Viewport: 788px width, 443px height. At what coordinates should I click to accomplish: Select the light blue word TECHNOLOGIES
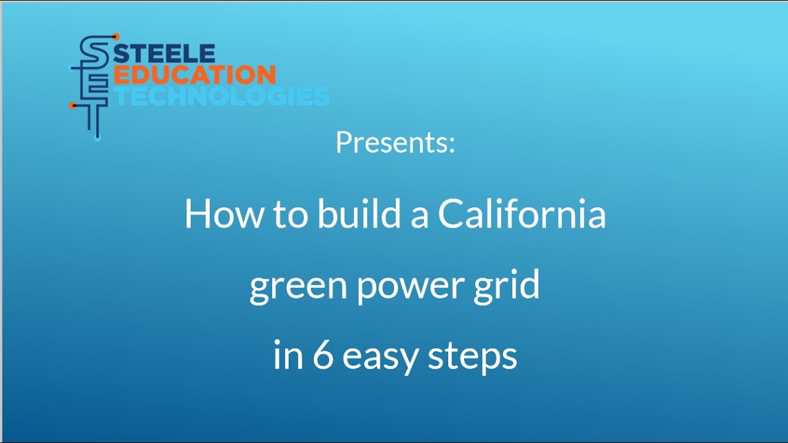222,96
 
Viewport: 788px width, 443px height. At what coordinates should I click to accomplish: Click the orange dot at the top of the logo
116,37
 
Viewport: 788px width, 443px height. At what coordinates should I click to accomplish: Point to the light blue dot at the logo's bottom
97,138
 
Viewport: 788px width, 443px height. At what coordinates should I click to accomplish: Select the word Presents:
395,143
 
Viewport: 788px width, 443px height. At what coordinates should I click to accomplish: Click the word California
522,215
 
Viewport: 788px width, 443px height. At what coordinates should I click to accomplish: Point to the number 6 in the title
323,356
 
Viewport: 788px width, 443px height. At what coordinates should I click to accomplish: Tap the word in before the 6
286,356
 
